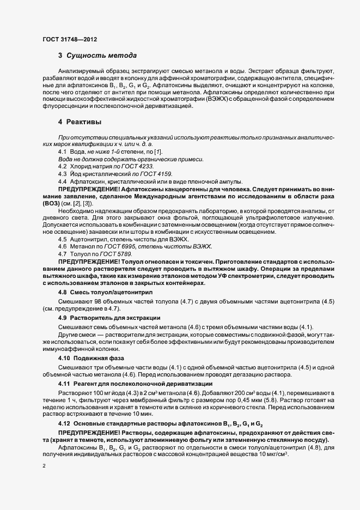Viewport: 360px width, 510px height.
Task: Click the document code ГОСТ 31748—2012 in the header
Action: [70, 39]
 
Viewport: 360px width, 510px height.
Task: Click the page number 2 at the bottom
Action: [44, 466]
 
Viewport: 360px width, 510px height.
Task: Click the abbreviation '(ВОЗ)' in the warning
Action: [52, 203]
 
